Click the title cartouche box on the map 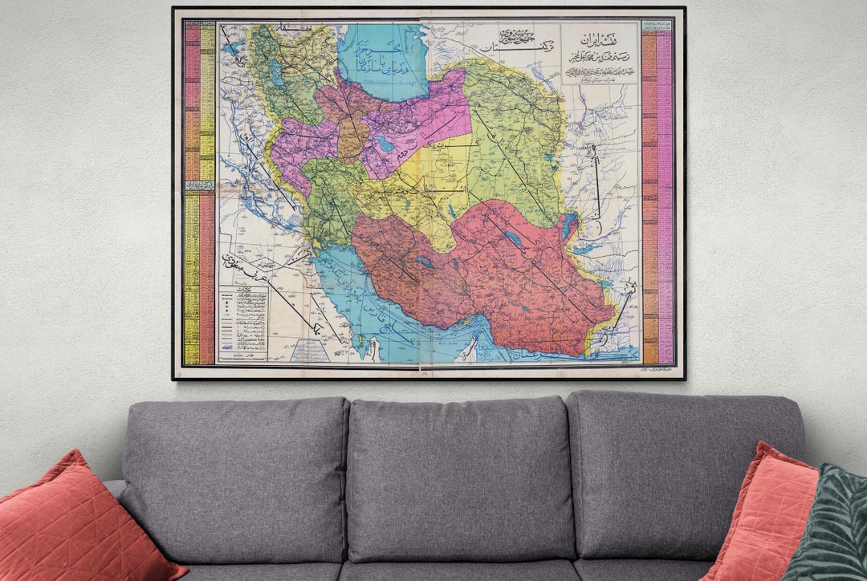[x=599, y=53]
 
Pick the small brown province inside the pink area [x=352, y=138]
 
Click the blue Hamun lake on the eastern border [x=569, y=226]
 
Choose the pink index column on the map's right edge [x=665, y=197]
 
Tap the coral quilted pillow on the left [x=80, y=522]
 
